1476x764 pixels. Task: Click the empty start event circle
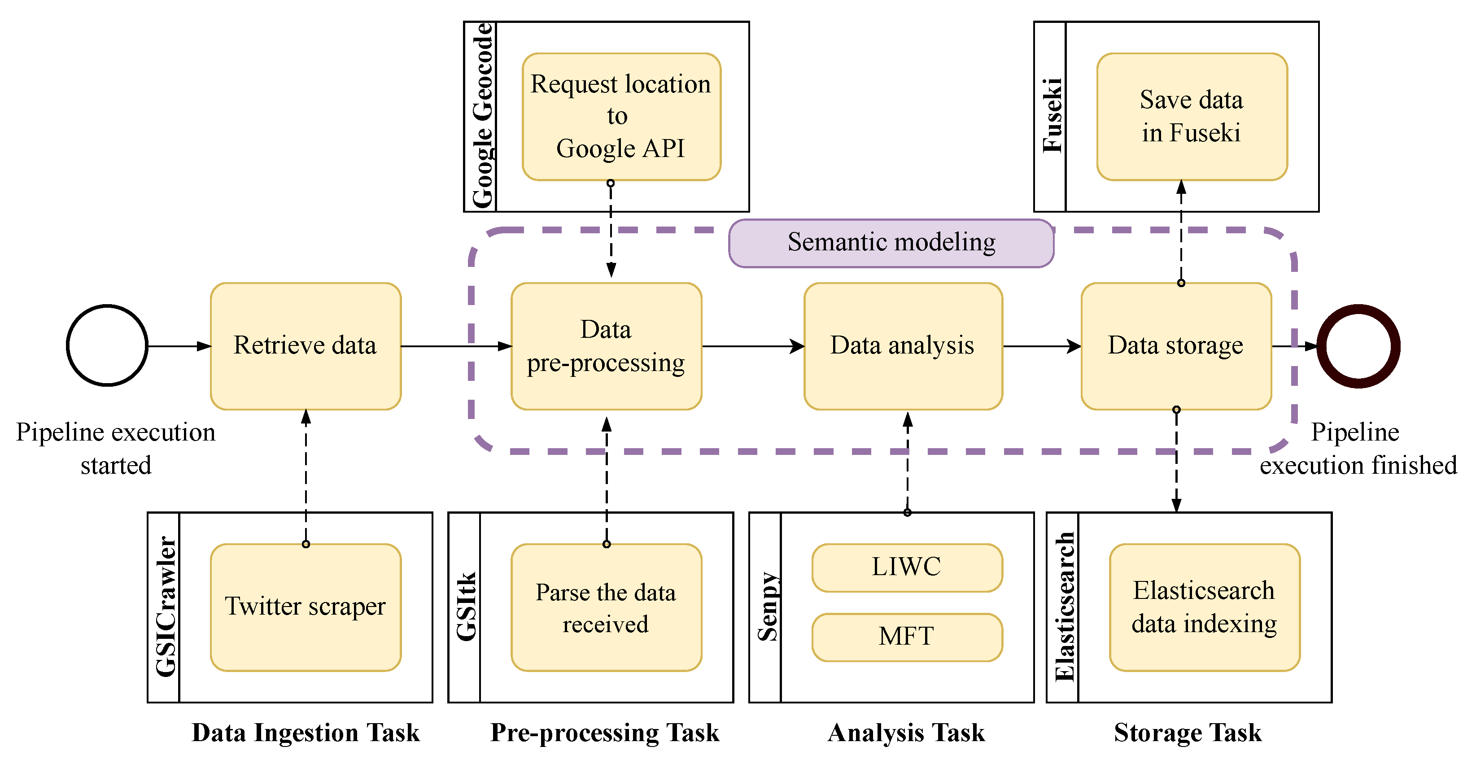coord(107,345)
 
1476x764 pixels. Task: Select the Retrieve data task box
coord(306,345)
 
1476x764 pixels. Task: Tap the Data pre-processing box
coord(606,345)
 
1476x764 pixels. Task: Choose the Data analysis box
coord(903,345)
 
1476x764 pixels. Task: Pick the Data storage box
coord(1176,345)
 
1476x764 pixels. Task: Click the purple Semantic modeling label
coord(891,242)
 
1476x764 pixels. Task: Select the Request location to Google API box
coord(621,116)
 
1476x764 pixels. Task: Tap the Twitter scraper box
coord(306,607)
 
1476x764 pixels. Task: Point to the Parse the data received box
coord(606,607)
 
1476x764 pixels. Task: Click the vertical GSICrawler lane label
coord(165,607)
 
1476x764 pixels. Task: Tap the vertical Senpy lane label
coord(767,607)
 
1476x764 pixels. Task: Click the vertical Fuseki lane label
coord(1052,116)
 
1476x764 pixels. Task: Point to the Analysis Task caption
coord(906,733)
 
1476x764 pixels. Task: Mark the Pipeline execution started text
coord(116,448)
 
